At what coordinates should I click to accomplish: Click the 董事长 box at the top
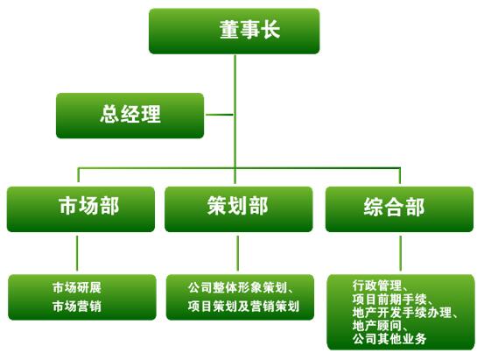[x=234, y=31]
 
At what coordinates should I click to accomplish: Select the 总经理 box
[x=130, y=116]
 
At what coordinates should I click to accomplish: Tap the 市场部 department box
[x=81, y=208]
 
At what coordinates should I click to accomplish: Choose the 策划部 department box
[x=239, y=208]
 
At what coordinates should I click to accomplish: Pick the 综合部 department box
[x=399, y=208]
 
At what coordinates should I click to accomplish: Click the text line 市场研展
[x=77, y=287]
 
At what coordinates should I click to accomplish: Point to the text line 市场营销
[x=77, y=307]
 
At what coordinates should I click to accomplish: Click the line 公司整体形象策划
[x=237, y=287]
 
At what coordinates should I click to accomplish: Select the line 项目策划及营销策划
[x=243, y=307]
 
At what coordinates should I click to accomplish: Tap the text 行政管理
[x=377, y=286]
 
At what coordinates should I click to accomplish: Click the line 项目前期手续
[x=389, y=299]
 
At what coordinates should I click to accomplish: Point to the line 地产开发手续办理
[x=402, y=312]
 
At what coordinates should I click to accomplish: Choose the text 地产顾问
[x=377, y=325]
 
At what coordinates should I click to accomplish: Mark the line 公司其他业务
[x=389, y=339]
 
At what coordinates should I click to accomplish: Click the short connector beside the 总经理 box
[x=220, y=115]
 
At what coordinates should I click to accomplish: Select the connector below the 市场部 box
[x=77, y=253]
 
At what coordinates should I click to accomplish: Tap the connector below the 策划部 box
[x=238, y=253]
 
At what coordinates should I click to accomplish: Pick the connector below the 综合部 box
[x=400, y=253]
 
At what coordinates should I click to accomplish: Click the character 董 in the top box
[x=229, y=30]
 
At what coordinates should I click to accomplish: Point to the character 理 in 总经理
[x=151, y=114]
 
